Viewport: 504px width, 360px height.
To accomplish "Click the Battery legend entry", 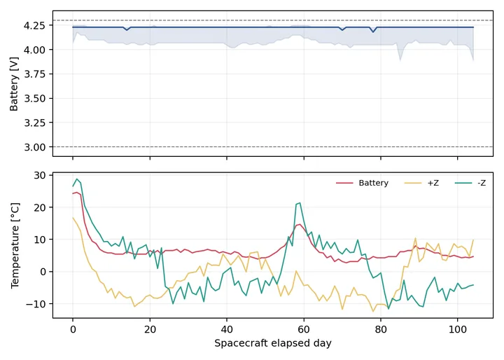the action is (x=363, y=183).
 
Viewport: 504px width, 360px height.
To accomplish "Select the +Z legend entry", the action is (x=421, y=183).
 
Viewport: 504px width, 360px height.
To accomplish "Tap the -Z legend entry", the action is (x=470, y=183).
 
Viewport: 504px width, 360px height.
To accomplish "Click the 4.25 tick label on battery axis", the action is (x=34, y=25).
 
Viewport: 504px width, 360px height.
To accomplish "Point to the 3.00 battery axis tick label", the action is (x=34, y=147).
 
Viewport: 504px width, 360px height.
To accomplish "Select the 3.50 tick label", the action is (x=34, y=99).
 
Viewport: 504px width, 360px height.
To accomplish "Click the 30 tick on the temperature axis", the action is (x=39, y=175).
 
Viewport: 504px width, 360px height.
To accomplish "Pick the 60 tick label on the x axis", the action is (x=304, y=330).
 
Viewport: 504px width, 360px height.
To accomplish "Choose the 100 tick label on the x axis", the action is (x=457, y=330).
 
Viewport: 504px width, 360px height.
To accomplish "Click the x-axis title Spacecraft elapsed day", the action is (x=273, y=343).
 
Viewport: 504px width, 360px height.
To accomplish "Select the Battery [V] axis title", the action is (x=14, y=84).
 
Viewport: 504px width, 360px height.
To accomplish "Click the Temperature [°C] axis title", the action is (x=15, y=245).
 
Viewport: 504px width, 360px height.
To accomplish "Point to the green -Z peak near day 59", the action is (x=300, y=203).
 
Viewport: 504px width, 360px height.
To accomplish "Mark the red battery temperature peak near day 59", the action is (x=300, y=225).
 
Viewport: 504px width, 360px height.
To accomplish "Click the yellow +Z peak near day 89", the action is (x=415, y=238).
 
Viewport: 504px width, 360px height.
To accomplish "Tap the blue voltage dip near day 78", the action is (x=373, y=32).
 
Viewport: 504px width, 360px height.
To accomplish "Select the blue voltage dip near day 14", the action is (x=127, y=30).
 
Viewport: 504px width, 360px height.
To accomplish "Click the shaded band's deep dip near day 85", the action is (x=400, y=60).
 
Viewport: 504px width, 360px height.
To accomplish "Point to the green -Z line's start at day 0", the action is (x=73, y=186).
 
